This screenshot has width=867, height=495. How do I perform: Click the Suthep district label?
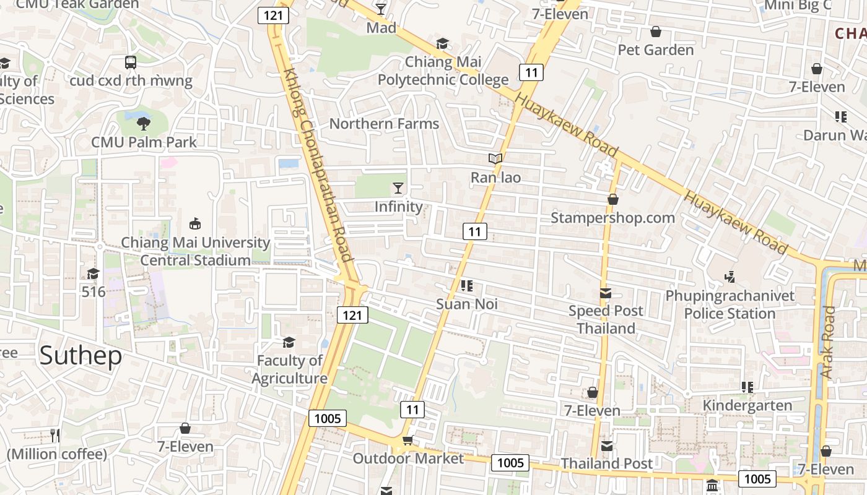(x=81, y=356)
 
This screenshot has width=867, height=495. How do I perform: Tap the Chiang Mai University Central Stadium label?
(x=195, y=251)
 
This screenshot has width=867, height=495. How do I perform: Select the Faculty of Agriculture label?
(x=289, y=369)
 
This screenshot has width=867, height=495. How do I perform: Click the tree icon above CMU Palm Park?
(x=144, y=123)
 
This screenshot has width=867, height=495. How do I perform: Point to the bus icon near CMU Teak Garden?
(x=130, y=62)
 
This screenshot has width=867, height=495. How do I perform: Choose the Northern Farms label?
(x=384, y=124)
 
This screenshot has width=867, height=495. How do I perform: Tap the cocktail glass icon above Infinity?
(x=398, y=188)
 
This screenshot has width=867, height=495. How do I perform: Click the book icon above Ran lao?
(x=495, y=159)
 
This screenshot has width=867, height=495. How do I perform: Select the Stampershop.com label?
(x=612, y=218)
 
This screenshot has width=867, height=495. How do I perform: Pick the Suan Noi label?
(x=467, y=304)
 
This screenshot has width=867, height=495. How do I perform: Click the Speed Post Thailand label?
(x=606, y=319)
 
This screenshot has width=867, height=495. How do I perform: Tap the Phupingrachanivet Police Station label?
(x=730, y=304)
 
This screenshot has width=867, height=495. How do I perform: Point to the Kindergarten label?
(x=747, y=405)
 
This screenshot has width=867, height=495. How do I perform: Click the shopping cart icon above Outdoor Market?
(x=407, y=440)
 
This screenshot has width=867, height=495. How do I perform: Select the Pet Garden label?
(x=656, y=49)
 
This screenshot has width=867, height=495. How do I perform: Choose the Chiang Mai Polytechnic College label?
(x=443, y=71)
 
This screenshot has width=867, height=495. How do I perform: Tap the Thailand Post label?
(x=606, y=463)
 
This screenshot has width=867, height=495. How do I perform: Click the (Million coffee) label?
(x=57, y=454)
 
